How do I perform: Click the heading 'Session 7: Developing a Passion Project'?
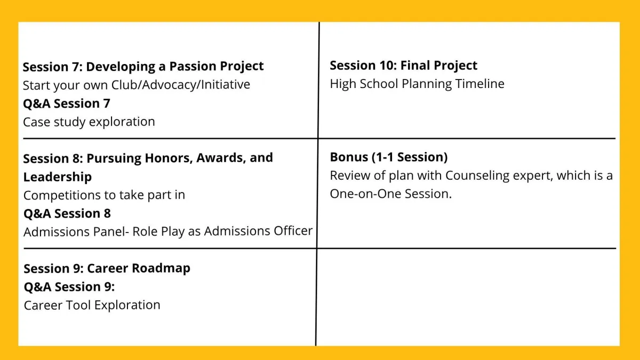pyautogui.click(x=143, y=67)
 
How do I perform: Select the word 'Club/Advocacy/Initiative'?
pyautogui.click(x=181, y=85)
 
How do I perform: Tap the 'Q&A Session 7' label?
pyautogui.click(x=67, y=103)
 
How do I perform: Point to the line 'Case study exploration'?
pyautogui.click(x=89, y=122)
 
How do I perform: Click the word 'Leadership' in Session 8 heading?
pyautogui.click(x=58, y=177)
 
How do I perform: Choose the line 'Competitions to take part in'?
pyautogui.click(x=105, y=195)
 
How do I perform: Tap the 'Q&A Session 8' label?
pyautogui.click(x=67, y=213)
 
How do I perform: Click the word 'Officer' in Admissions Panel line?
pyautogui.click(x=293, y=231)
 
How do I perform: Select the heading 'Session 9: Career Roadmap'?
pyautogui.click(x=107, y=268)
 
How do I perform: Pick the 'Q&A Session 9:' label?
pyautogui.click(x=69, y=286)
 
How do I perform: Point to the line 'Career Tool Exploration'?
pyautogui.click(x=92, y=305)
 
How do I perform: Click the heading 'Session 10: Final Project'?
pyautogui.click(x=403, y=66)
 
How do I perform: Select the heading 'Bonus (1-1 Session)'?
pyautogui.click(x=389, y=157)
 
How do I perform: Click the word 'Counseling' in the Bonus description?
pyautogui.click(x=477, y=175)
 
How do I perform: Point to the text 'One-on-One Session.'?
pyautogui.click(x=391, y=194)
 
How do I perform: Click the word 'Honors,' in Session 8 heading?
pyautogui.click(x=169, y=158)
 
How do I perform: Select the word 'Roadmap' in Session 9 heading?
pyautogui.click(x=161, y=268)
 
